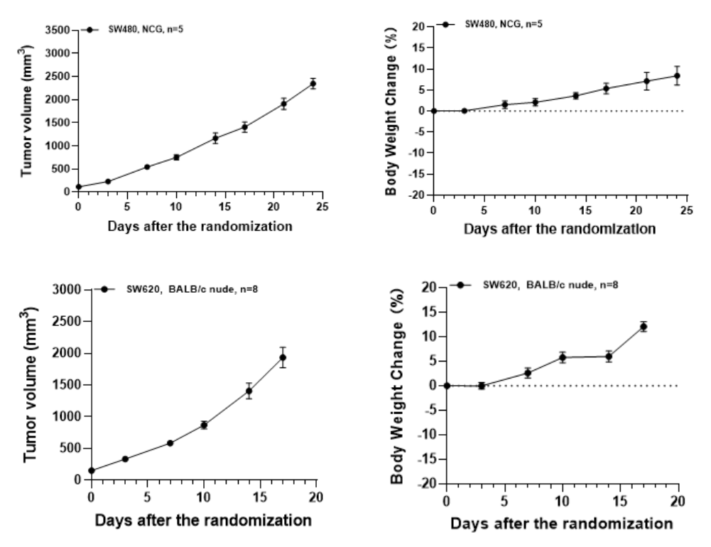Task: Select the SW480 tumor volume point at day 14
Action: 215,138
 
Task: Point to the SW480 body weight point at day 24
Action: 677,76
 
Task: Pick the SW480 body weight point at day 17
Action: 606,88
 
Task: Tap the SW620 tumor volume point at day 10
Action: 204,425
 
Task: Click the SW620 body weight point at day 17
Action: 643,327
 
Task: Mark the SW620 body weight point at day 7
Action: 528,373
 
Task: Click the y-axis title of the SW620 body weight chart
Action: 398,384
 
